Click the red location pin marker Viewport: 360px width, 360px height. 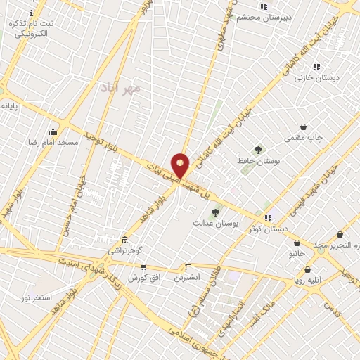click(x=181, y=165)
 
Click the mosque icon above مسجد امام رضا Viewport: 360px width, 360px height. click(x=53, y=131)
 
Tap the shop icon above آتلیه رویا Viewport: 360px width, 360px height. click(x=307, y=269)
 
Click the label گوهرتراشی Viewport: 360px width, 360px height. click(x=124, y=250)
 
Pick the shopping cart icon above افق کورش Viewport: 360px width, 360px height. click(x=143, y=266)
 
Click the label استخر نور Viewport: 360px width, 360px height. click(x=37, y=297)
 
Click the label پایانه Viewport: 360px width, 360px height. click(x=9, y=105)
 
